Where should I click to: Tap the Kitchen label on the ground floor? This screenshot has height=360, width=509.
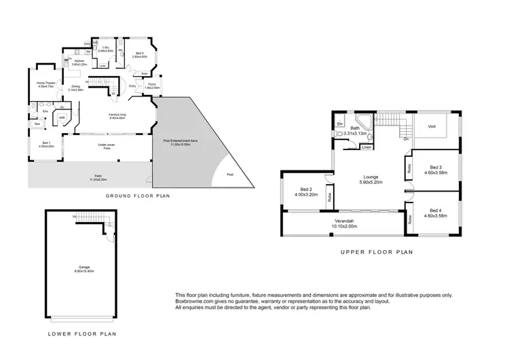coord(79,62)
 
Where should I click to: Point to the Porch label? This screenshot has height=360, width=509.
coord(153,86)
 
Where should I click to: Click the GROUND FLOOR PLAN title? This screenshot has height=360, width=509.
coord(137,196)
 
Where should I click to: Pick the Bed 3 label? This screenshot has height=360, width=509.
coord(436,170)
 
